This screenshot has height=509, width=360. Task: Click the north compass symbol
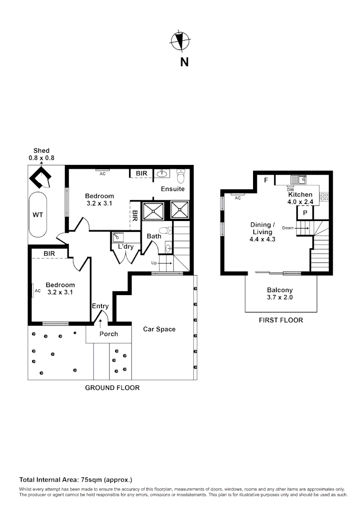179,41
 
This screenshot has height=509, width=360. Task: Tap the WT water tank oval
38,215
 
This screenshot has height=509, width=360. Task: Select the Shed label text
41,151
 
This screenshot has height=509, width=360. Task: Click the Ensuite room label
172,189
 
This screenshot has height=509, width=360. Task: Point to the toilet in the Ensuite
181,176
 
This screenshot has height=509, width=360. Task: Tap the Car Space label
159,329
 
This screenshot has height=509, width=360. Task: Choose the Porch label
109,334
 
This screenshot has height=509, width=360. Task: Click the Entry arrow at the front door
100,322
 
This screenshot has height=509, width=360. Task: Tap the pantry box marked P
305,213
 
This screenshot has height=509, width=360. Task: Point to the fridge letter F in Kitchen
266,180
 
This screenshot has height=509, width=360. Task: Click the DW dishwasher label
290,190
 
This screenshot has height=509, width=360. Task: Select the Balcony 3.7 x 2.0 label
280,294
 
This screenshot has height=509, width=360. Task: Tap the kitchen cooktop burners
325,197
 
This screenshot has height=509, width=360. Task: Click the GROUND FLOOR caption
112,388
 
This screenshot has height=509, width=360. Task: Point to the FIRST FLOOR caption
281,320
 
